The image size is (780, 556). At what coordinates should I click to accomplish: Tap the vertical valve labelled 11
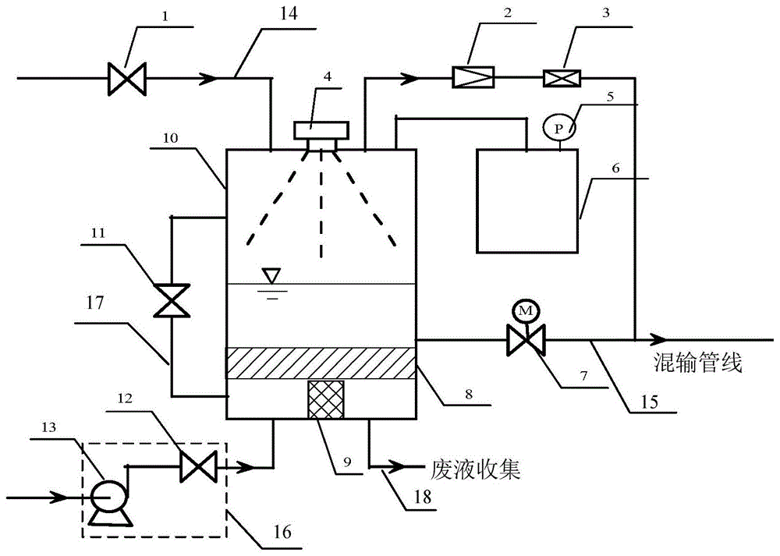coord(171,300)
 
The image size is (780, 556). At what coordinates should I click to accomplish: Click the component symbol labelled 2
coord(470,78)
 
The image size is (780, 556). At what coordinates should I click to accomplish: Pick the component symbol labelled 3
coord(558,78)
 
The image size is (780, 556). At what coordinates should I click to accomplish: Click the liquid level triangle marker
coord(271,276)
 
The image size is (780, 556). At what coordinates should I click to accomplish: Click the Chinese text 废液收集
coord(475,469)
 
